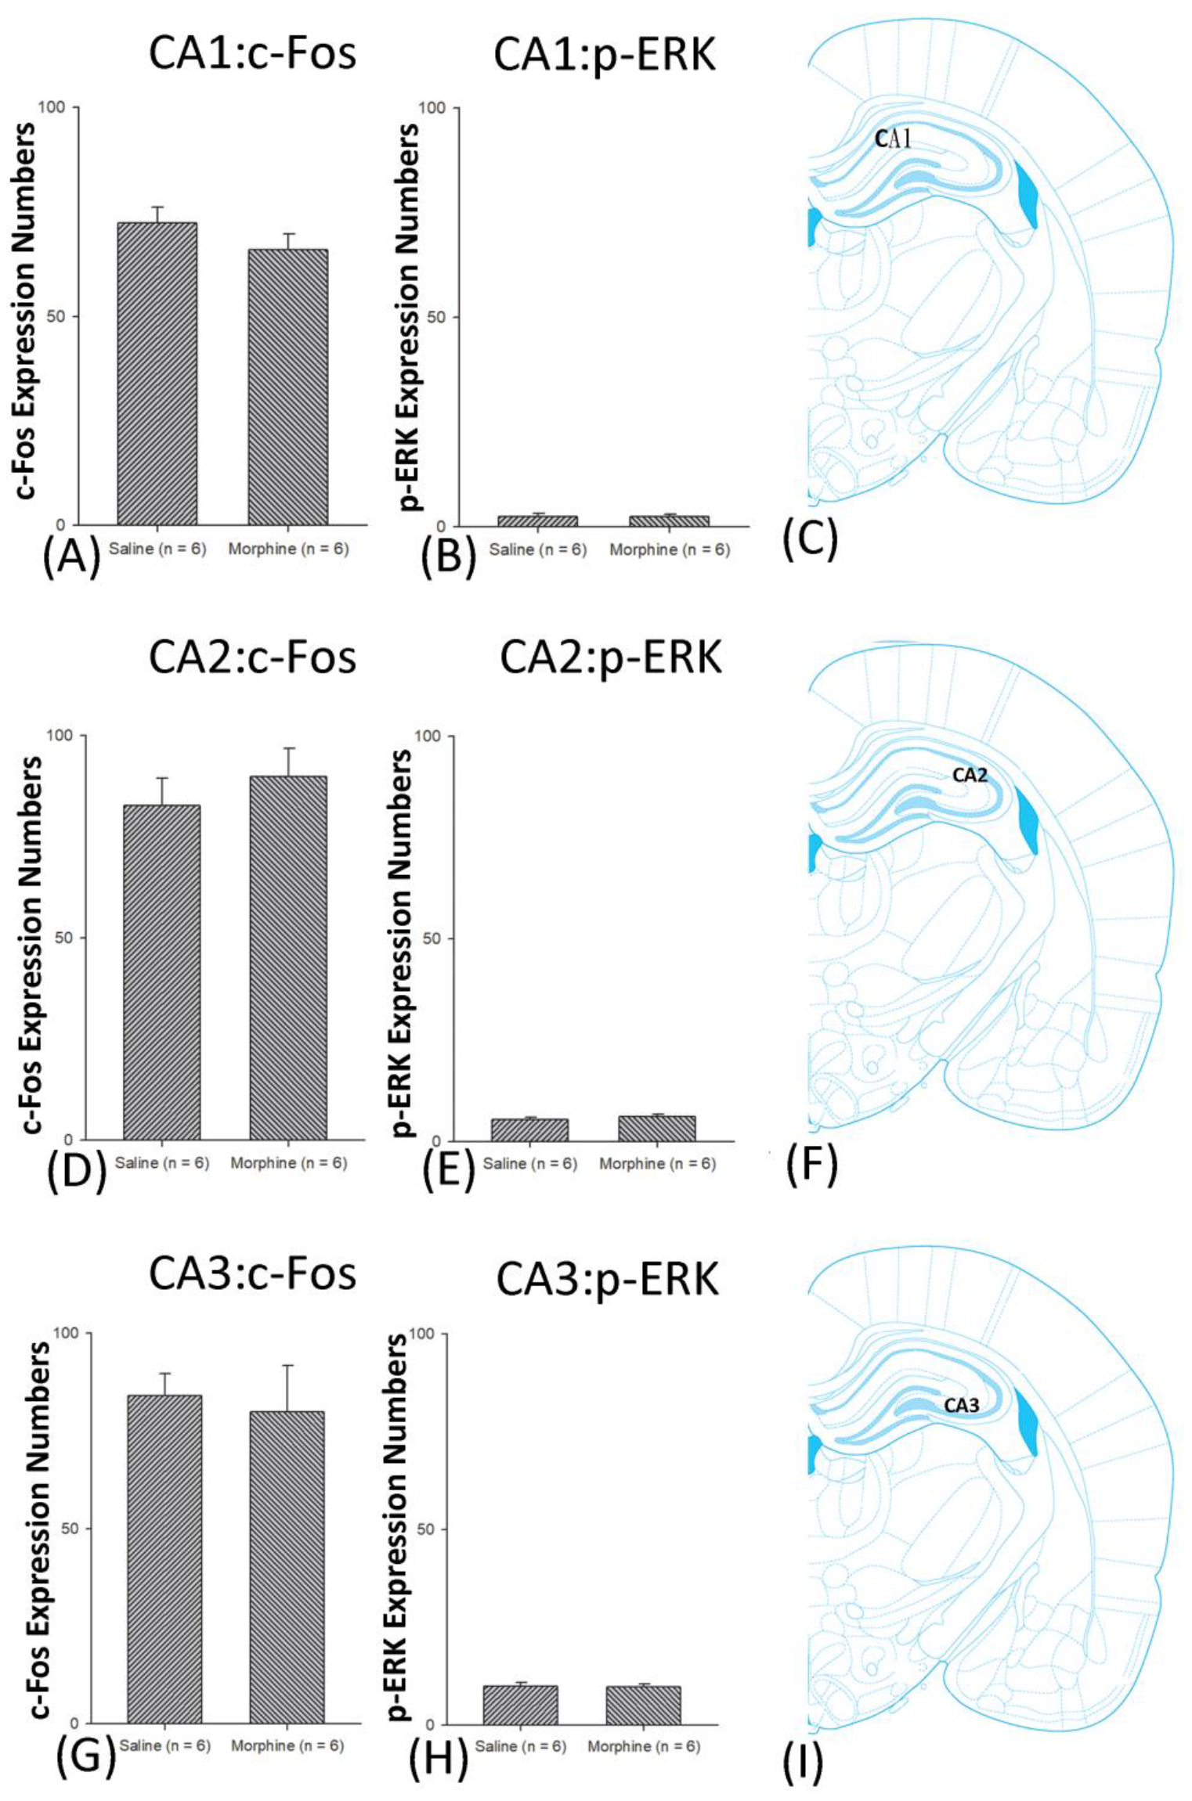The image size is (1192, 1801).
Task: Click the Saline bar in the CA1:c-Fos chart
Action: pos(157,373)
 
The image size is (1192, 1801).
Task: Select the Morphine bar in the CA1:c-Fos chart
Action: pos(287,387)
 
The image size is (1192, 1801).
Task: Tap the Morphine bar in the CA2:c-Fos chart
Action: pos(287,957)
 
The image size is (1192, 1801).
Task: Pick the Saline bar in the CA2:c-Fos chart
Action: pos(161,971)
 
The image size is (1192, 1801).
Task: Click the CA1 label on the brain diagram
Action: pos(894,140)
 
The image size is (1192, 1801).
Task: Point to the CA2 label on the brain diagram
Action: pos(970,775)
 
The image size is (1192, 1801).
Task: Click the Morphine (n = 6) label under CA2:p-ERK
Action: pos(657,1164)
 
